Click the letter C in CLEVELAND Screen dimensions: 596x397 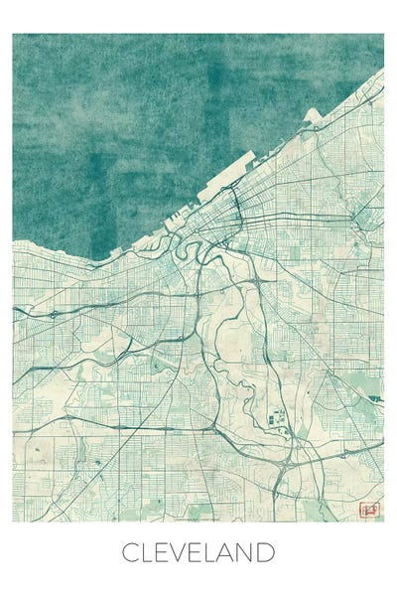(131, 551)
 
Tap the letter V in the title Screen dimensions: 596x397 (179, 551)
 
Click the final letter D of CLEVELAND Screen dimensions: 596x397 (268, 551)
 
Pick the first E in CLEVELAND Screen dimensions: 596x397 (162, 551)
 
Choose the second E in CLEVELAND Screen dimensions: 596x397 (196, 551)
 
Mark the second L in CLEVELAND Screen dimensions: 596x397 (211, 551)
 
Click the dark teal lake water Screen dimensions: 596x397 (149, 119)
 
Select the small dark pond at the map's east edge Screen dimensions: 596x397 (375, 398)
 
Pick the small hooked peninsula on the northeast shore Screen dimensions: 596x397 (312, 116)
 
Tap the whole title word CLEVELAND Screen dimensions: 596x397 (198, 551)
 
